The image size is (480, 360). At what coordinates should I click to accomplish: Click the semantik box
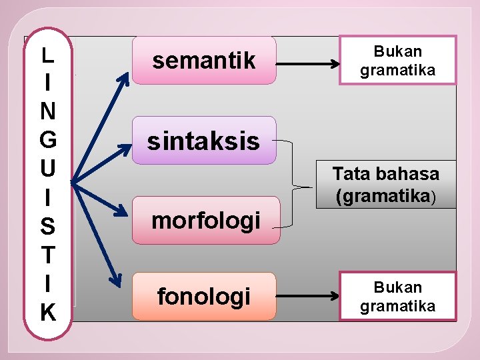tap(203, 61)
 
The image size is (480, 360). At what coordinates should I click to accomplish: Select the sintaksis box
tap(203, 140)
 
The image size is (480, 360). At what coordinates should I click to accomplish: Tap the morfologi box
tap(205, 220)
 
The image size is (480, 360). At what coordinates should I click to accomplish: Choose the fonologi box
tap(203, 296)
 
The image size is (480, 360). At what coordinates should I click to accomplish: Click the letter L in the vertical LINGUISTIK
tap(47, 55)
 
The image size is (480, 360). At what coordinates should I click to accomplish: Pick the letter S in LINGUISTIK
tap(47, 227)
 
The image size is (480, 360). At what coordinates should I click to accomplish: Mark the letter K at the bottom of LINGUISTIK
tap(47, 312)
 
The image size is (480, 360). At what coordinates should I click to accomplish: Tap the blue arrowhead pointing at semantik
tap(124, 79)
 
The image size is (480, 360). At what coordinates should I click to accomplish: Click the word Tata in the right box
tap(350, 175)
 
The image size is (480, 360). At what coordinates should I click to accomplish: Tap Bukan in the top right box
tap(397, 51)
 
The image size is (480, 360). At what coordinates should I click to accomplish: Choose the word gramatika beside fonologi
tap(397, 306)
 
